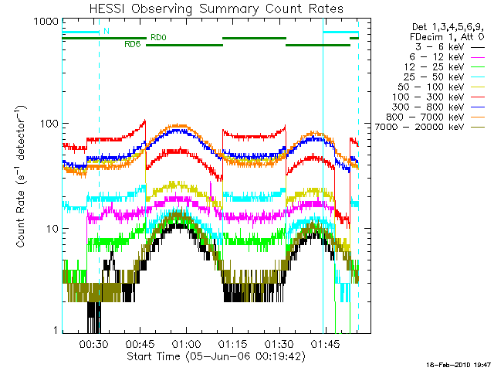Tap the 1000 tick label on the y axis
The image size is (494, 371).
(x=47, y=22)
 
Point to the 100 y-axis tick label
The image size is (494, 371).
(x=50, y=124)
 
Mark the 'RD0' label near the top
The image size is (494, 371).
(x=159, y=37)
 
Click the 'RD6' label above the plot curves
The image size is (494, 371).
(x=132, y=45)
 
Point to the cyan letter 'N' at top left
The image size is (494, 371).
(x=106, y=31)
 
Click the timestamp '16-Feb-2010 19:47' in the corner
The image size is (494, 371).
(x=460, y=363)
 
